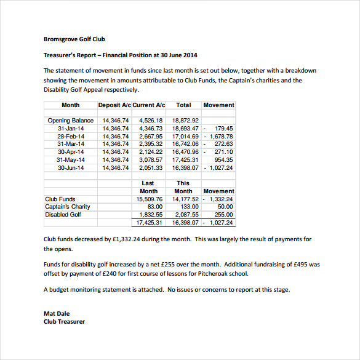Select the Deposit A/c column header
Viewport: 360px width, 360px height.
pos(114,105)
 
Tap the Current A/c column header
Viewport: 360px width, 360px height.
pos(148,105)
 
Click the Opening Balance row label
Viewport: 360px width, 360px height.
pos(71,121)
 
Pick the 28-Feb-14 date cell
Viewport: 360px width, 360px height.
pos(71,136)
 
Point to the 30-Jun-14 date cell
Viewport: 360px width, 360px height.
pos(71,167)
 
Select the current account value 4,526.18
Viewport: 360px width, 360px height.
pos(151,121)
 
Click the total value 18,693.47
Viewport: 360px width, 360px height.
pos(185,128)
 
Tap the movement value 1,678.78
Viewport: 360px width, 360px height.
pos(221,136)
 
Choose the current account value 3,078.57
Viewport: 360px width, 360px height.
pos(151,159)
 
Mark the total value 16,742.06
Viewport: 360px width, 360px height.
pos(185,144)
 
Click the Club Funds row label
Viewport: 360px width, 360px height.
pos(60,199)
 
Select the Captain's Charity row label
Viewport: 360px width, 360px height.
pos(68,207)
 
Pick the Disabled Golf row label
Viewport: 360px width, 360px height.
pos(63,215)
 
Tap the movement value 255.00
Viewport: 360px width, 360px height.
pos(224,215)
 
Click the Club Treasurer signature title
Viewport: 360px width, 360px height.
pos(64,321)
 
